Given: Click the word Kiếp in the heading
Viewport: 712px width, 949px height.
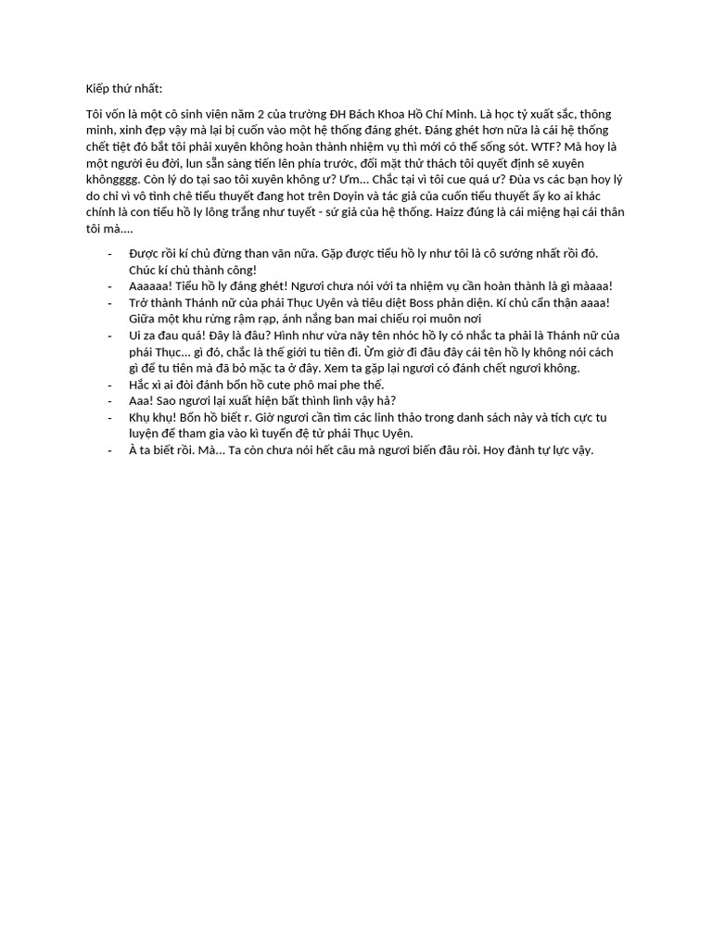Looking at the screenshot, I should [x=98, y=89].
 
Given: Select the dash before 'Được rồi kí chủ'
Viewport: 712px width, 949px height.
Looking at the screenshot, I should [x=110, y=253].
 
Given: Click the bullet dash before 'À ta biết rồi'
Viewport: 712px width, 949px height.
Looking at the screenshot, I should [x=110, y=450].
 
